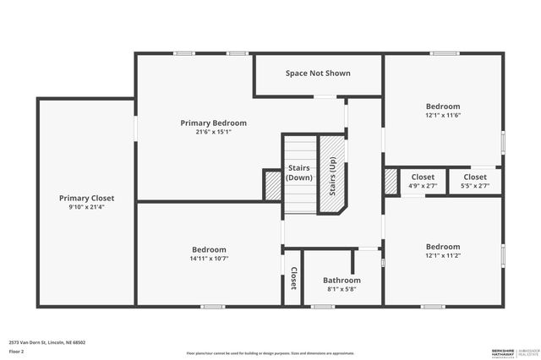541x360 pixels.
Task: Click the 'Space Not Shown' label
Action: coord(318,74)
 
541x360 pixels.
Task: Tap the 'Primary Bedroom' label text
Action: coord(213,123)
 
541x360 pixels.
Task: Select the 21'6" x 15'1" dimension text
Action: coord(213,132)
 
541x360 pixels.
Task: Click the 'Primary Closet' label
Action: coord(86,199)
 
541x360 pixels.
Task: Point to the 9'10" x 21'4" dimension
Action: coord(86,207)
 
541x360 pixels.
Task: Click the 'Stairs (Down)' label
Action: coord(299,172)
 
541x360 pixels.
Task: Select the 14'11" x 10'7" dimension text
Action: coord(209,259)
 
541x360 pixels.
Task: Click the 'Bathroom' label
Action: coord(342,281)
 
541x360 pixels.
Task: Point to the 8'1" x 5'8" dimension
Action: coord(342,289)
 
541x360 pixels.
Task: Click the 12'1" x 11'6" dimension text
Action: coord(443,115)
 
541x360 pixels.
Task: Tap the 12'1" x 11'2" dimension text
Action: coord(443,255)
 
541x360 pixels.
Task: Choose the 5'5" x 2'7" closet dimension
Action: coord(475,186)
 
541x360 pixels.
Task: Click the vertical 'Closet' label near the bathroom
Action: coord(293,279)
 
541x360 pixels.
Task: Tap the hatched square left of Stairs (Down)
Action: coord(272,185)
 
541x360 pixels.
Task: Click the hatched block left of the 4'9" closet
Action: coord(391,181)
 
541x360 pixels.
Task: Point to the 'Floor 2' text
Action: coord(16,350)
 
